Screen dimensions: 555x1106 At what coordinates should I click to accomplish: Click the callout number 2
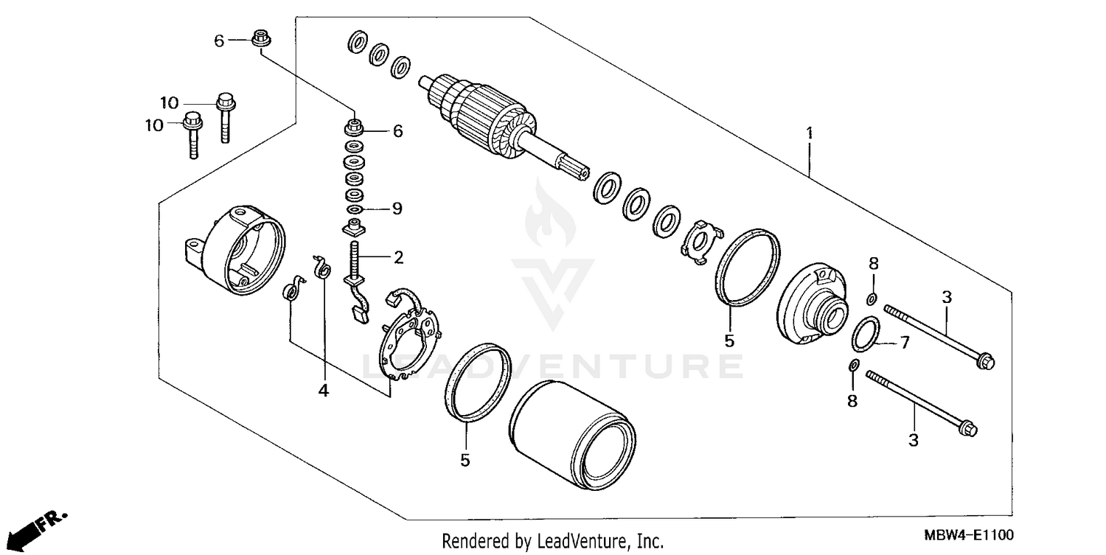pos(398,257)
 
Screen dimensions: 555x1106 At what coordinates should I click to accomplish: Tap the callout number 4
pos(323,391)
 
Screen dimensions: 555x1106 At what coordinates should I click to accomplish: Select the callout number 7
pos(905,343)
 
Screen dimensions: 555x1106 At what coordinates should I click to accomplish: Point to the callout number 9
pos(397,209)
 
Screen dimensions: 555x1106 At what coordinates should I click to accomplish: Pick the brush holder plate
pos(413,335)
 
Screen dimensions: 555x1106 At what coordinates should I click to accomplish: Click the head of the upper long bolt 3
pos(984,361)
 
